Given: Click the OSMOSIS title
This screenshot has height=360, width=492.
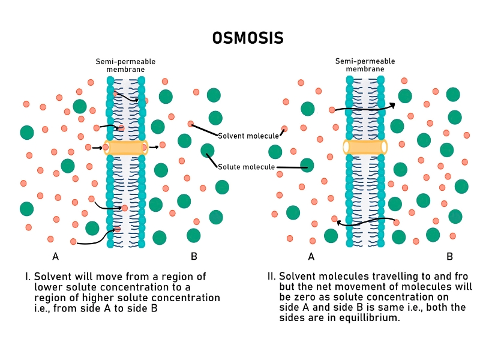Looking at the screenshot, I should [x=248, y=38].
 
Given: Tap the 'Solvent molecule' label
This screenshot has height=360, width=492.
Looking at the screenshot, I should [x=248, y=136].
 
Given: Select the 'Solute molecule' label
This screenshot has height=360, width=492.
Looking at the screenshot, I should [x=247, y=167].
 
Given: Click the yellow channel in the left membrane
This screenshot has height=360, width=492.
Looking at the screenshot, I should [x=125, y=147].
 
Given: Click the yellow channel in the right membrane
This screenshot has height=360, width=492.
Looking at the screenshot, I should [x=365, y=147].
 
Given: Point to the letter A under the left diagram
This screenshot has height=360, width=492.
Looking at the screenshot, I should [x=56, y=257].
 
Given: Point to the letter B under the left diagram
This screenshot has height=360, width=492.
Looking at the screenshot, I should [x=194, y=257].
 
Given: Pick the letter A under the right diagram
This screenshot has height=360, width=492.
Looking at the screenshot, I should [x=311, y=257].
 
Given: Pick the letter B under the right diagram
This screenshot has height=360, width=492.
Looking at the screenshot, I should [x=449, y=257].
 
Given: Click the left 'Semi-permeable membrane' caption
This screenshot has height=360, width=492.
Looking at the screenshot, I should [x=125, y=65].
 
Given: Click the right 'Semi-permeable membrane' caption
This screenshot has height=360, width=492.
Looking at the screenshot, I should [x=365, y=65].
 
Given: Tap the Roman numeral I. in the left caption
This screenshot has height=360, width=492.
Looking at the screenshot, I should [x=28, y=277].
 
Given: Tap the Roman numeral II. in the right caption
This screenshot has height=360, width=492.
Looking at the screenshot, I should [x=272, y=277].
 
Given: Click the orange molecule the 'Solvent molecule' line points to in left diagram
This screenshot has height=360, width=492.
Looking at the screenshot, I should [x=191, y=124].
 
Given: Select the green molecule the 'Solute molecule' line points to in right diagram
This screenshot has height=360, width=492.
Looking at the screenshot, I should [x=307, y=165].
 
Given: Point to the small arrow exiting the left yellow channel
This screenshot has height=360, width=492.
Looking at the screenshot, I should [x=154, y=146].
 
